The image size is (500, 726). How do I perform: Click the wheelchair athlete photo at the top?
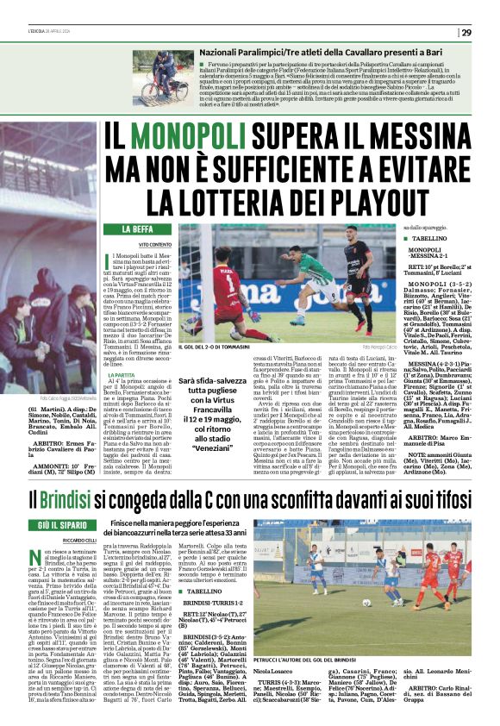pos(164,78)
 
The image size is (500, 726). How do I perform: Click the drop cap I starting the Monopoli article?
pos(109,260)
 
